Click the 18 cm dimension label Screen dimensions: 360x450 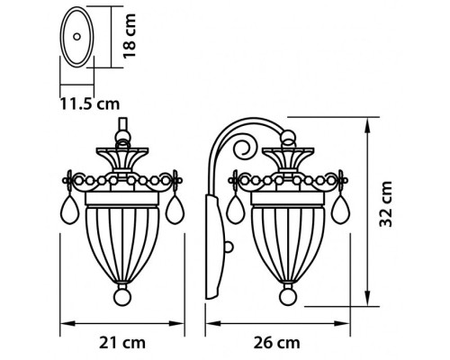132,35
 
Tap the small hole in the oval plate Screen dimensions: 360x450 77,36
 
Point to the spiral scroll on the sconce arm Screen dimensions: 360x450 243,146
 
